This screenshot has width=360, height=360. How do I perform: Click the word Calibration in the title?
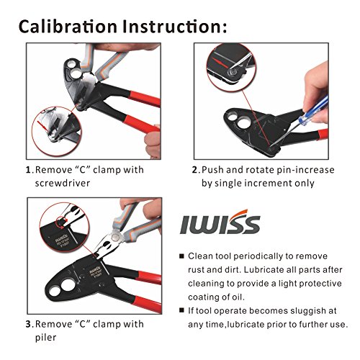(x=68, y=26)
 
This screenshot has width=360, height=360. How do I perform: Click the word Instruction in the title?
(x=172, y=26)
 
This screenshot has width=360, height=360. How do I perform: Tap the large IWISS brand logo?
(x=220, y=222)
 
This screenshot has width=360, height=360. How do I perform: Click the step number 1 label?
(x=28, y=170)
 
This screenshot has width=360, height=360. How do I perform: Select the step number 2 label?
(x=194, y=170)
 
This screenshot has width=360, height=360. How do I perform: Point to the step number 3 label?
(x=29, y=324)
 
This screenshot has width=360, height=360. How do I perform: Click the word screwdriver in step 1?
(x=63, y=184)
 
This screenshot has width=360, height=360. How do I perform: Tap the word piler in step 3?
(x=45, y=338)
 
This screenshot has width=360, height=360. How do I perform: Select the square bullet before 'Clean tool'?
(x=182, y=256)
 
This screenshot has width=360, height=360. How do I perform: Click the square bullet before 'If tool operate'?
(x=182, y=310)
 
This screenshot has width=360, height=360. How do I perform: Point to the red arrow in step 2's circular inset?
(x=222, y=63)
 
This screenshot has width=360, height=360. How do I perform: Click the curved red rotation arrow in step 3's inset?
(x=61, y=222)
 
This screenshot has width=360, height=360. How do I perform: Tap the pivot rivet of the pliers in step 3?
(x=116, y=238)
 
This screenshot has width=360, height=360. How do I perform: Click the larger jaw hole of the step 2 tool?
(x=243, y=122)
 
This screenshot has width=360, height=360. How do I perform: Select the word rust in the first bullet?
(x=196, y=270)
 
